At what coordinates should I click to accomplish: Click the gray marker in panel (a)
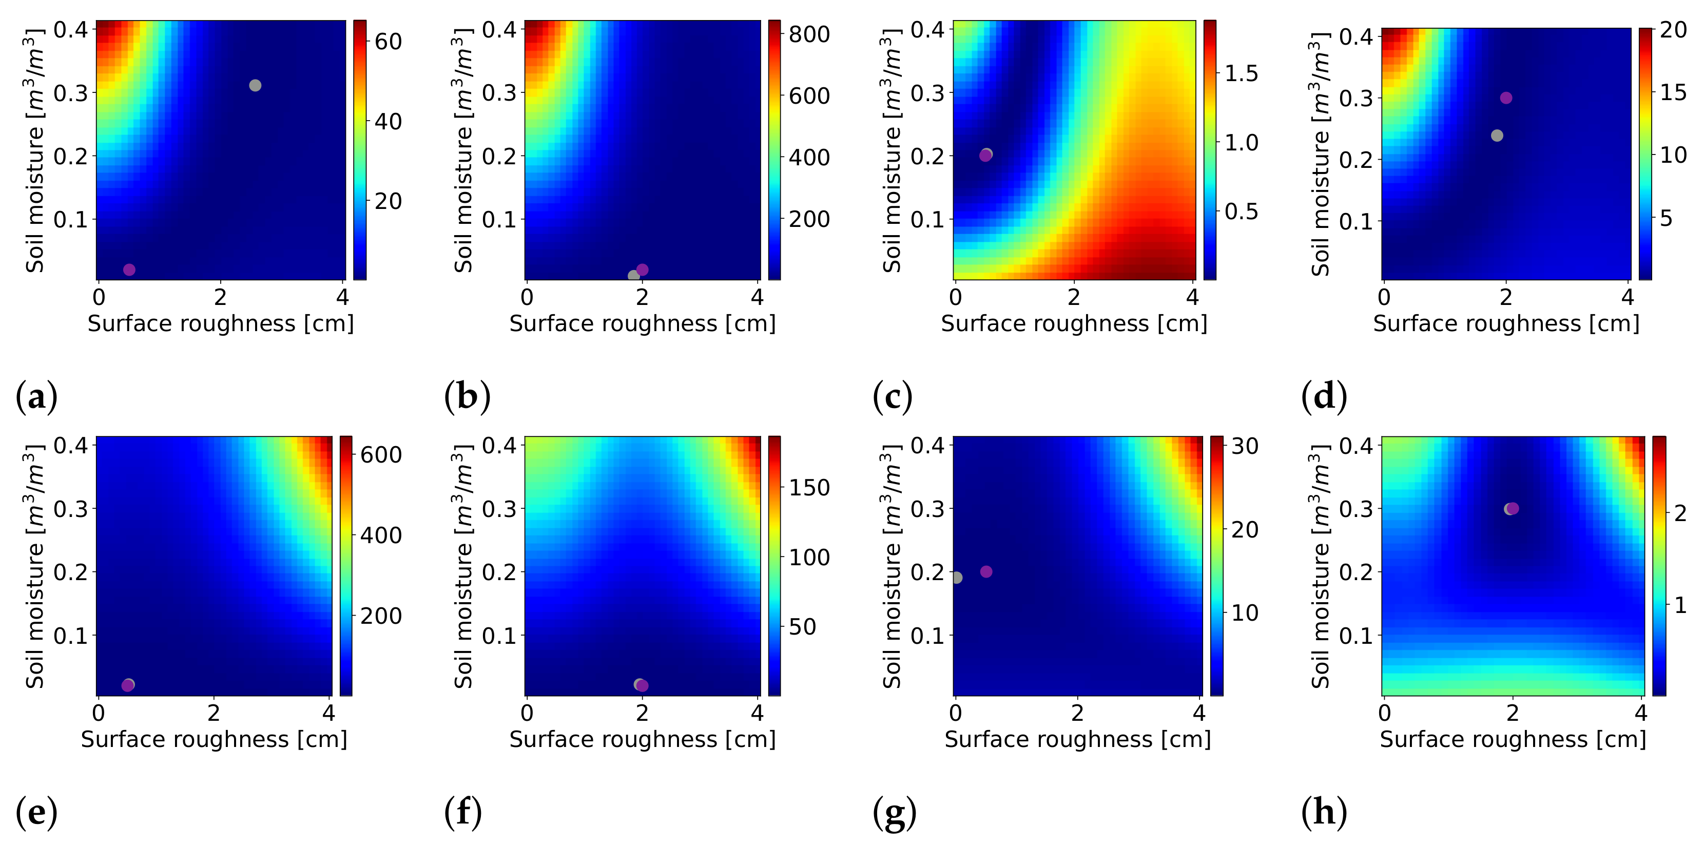click(255, 85)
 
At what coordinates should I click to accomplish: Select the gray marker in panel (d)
click(1497, 136)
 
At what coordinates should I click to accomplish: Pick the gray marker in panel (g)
click(957, 578)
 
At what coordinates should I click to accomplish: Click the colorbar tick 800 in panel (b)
click(808, 34)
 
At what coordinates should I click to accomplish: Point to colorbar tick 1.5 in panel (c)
click(1241, 73)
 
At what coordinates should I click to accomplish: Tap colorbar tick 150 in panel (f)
click(808, 488)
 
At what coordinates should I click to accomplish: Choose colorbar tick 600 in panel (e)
click(380, 454)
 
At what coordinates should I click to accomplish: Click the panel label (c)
click(893, 397)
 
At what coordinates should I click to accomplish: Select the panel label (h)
click(1324, 812)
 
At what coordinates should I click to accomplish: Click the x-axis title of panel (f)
click(642, 739)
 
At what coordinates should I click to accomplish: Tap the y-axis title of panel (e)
click(34, 566)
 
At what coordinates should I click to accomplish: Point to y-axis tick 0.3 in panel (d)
click(1356, 98)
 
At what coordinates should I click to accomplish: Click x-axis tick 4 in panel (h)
click(1640, 713)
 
